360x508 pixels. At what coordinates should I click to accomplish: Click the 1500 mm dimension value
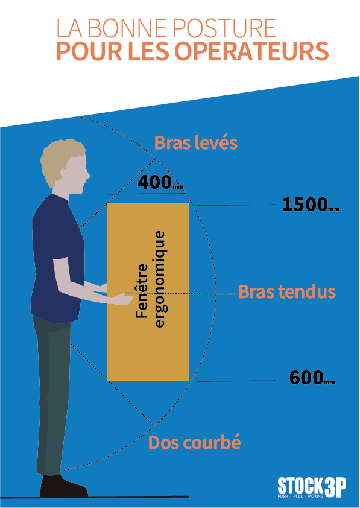tap(311, 205)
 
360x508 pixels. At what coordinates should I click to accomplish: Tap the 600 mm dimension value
tap(312, 378)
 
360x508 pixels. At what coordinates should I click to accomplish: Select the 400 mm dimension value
tap(160, 183)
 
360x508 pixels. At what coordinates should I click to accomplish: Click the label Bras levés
tap(196, 142)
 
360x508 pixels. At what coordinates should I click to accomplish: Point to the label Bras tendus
tap(287, 292)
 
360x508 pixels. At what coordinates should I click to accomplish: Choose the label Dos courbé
tap(195, 442)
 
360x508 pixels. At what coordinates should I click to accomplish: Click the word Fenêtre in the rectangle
tap(142, 291)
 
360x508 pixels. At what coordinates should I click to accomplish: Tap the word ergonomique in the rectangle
tap(160, 279)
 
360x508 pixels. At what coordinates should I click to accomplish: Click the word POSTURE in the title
tap(224, 28)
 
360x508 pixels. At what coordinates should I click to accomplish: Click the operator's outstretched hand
tap(121, 299)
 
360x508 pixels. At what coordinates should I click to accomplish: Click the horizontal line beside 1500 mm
tap(235, 205)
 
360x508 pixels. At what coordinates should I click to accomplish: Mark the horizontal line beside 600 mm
tap(236, 381)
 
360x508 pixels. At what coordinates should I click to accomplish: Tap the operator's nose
tap(89, 176)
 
